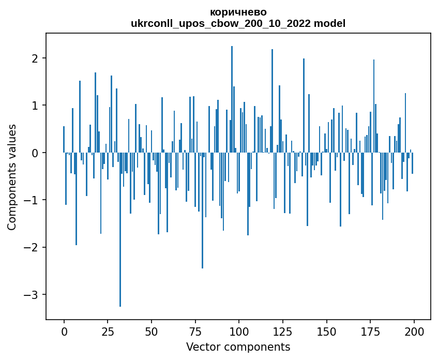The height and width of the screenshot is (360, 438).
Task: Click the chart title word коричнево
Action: coord(238,12)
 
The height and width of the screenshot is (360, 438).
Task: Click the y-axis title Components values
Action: coord(12,177)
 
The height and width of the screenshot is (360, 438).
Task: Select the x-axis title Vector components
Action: coord(238,347)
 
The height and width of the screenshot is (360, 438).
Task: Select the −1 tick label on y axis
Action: coord(33,200)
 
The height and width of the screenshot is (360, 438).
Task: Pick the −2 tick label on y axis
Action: coord(33,247)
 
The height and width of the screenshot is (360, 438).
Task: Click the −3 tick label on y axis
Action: coord(33,295)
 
